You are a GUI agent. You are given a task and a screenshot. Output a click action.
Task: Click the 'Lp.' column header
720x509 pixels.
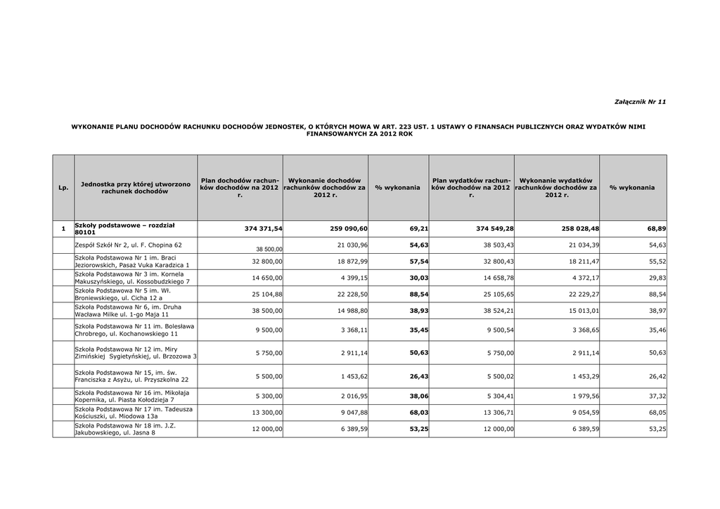click(x=63, y=188)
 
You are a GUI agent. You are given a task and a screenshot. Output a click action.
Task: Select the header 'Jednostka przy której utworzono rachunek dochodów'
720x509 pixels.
click(x=136, y=188)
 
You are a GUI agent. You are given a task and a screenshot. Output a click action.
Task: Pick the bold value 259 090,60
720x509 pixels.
click(x=349, y=229)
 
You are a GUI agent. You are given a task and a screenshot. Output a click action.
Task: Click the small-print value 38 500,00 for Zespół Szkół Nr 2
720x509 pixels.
click(x=269, y=250)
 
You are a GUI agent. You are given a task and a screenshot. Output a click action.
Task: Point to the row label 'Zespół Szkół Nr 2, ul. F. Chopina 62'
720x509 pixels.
click(x=128, y=245)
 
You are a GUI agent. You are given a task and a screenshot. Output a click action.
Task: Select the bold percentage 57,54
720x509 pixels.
click(x=419, y=261)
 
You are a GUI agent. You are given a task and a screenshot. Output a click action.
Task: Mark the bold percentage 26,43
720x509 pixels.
click(x=419, y=376)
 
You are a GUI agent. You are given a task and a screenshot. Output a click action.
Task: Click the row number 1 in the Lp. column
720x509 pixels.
click(x=63, y=229)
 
